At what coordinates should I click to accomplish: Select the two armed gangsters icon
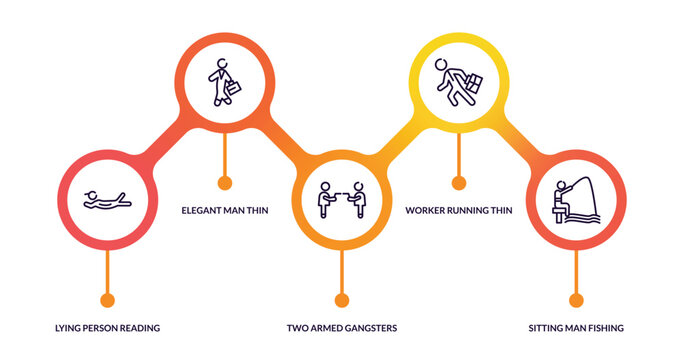tap(341, 199)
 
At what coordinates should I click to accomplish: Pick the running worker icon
tap(458, 80)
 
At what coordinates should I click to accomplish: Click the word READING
tap(137, 328)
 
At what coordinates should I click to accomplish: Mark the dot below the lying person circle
tap(107, 299)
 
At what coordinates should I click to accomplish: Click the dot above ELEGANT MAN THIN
tap(224, 183)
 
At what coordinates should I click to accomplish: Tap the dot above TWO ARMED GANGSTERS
tap(341, 299)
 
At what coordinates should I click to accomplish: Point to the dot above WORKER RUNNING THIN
tap(458, 183)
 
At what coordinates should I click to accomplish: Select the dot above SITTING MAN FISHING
tap(575, 299)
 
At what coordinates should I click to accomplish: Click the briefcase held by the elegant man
tap(233, 88)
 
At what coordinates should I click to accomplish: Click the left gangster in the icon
tap(324, 198)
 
